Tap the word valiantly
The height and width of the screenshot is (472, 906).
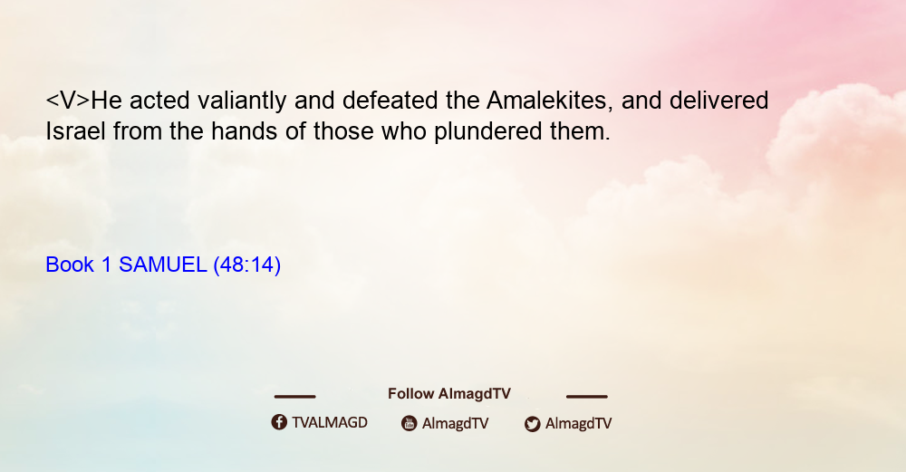click(242, 101)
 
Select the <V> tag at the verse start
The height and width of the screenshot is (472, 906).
click(68, 100)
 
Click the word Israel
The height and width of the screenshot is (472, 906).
click(76, 131)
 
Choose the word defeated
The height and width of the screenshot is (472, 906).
click(390, 100)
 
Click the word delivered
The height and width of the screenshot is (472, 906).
click(718, 100)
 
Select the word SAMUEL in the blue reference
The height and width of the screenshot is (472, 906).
click(162, 265)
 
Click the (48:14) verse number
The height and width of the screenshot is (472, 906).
click(246, 265)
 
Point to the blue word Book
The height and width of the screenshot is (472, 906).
click(70, 265)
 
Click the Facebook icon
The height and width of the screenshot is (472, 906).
click(279, 422)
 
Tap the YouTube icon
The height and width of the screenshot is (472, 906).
click(410, 423)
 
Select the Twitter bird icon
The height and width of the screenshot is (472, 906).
click(533, 424)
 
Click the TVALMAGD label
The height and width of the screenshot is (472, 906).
click(330, 422)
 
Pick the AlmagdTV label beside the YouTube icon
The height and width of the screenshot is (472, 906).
click(456, 424)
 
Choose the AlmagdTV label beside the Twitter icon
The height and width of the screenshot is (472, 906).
click(578, 424)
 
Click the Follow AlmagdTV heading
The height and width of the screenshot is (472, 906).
click(449, 393)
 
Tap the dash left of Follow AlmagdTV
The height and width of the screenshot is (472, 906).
click(294, 397)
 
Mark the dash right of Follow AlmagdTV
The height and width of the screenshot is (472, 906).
click(587, 397)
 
